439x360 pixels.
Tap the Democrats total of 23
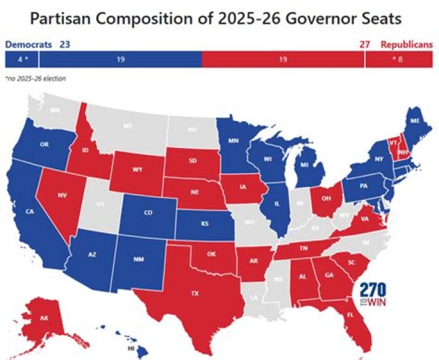pos(64,44)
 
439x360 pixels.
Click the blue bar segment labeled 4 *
pos(22,59)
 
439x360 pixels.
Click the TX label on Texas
pos(195,294)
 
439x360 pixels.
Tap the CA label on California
pos(29,212)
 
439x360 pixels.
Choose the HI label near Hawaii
pos(130,349)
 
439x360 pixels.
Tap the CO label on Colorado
pos(149,214)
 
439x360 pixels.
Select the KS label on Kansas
pos(205,223)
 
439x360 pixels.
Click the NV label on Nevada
pos(62,196)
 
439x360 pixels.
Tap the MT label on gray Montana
pos(128,126)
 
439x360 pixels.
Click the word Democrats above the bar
pos(28,44)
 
